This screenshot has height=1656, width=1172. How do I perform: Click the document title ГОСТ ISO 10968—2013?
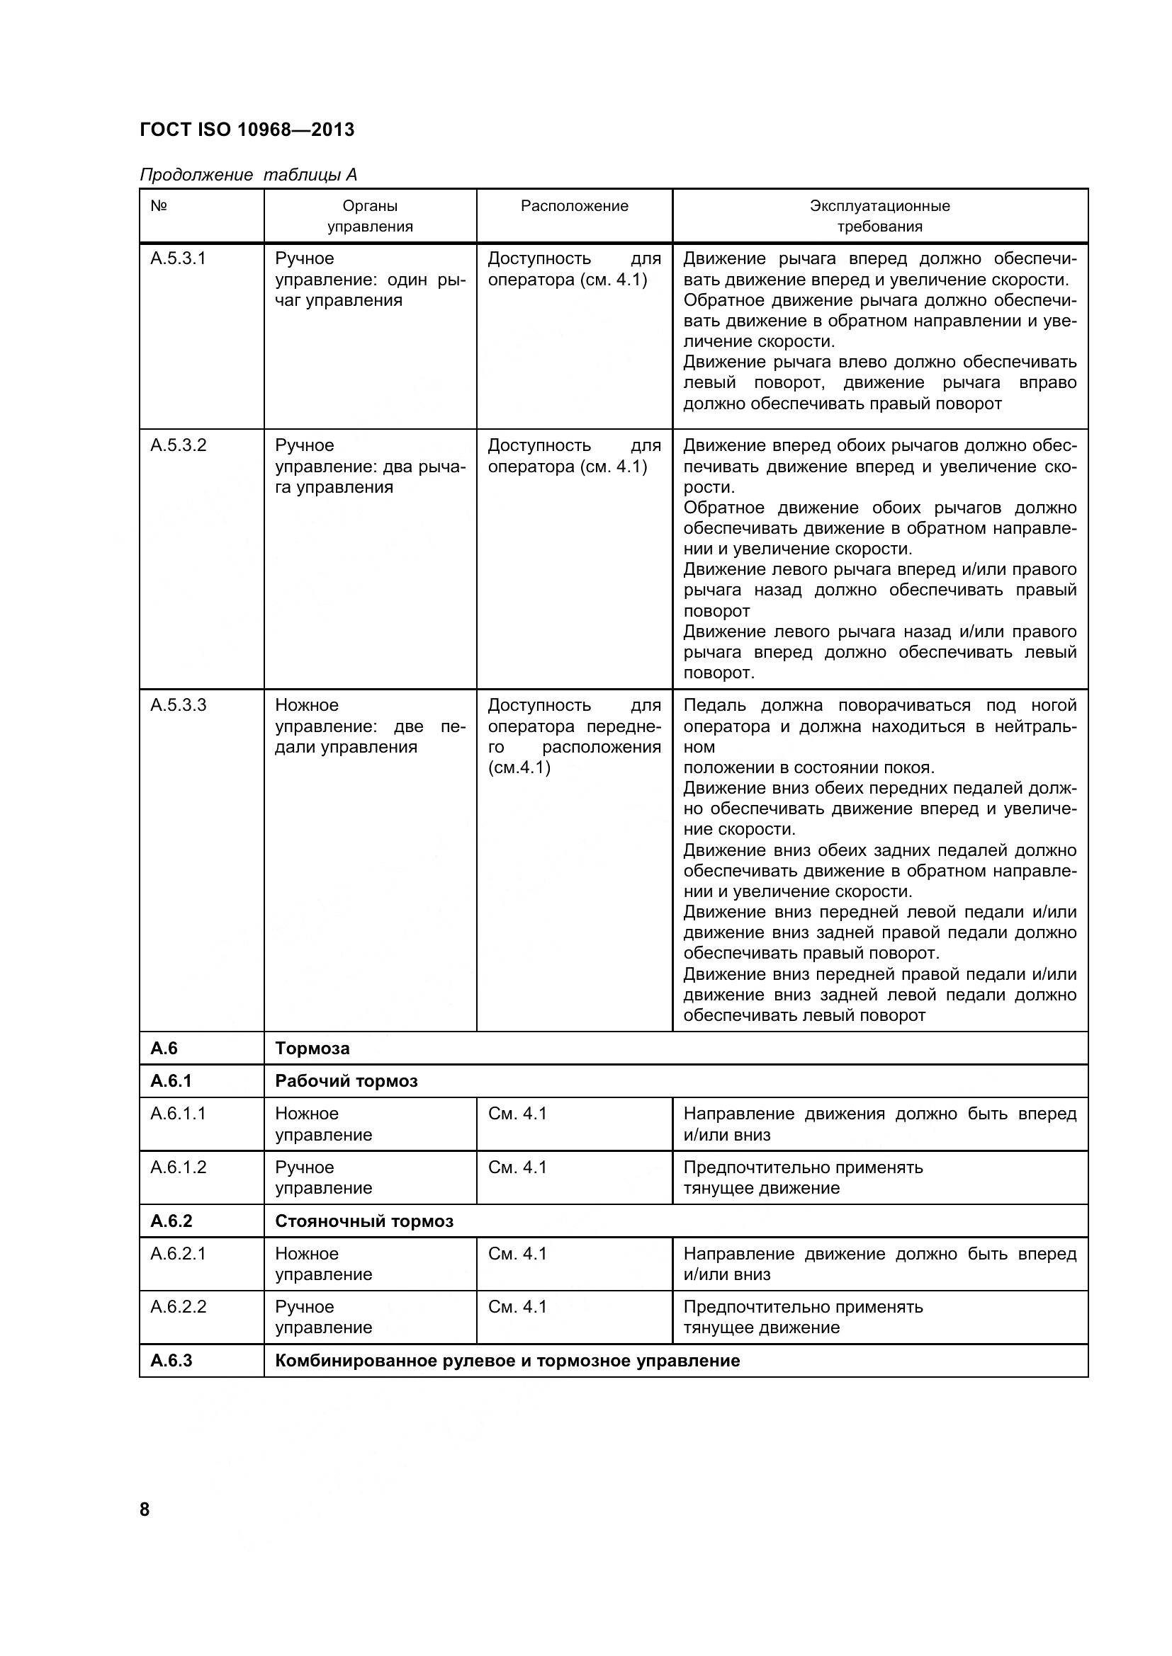click(247, 130)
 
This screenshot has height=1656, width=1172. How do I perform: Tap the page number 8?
click(145, 1509)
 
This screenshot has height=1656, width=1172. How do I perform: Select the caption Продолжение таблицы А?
click(248, 175)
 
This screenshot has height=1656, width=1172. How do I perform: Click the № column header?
click(159, 206)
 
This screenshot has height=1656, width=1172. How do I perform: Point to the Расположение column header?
click(575, 206)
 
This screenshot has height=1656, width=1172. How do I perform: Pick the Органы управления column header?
click(370, 217)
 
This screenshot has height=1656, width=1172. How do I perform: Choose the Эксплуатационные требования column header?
click(880, 217)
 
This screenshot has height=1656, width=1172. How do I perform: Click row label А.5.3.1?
click(179, 258)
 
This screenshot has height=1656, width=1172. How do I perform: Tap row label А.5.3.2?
click(179, 445)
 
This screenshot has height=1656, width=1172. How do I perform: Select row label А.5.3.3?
click(179, 704)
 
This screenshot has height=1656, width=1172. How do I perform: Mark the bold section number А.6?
click(164, 1048)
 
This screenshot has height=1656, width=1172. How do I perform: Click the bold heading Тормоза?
click(312, 1048)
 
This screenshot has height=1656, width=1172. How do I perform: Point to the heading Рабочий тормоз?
click(346, 1081)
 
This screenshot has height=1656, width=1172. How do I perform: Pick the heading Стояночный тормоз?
click(364, 1221)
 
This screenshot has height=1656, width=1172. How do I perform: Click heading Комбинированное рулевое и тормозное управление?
click(507, 1361)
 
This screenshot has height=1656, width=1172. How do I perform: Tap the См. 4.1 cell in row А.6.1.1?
click(517, 1114)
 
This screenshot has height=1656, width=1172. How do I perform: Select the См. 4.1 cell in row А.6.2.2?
click(517, 1307)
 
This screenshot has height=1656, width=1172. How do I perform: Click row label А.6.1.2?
click(179, 1167)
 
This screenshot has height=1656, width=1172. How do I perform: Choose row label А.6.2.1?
click(179, 1254)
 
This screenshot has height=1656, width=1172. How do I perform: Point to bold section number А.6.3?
click(171, 1361)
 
